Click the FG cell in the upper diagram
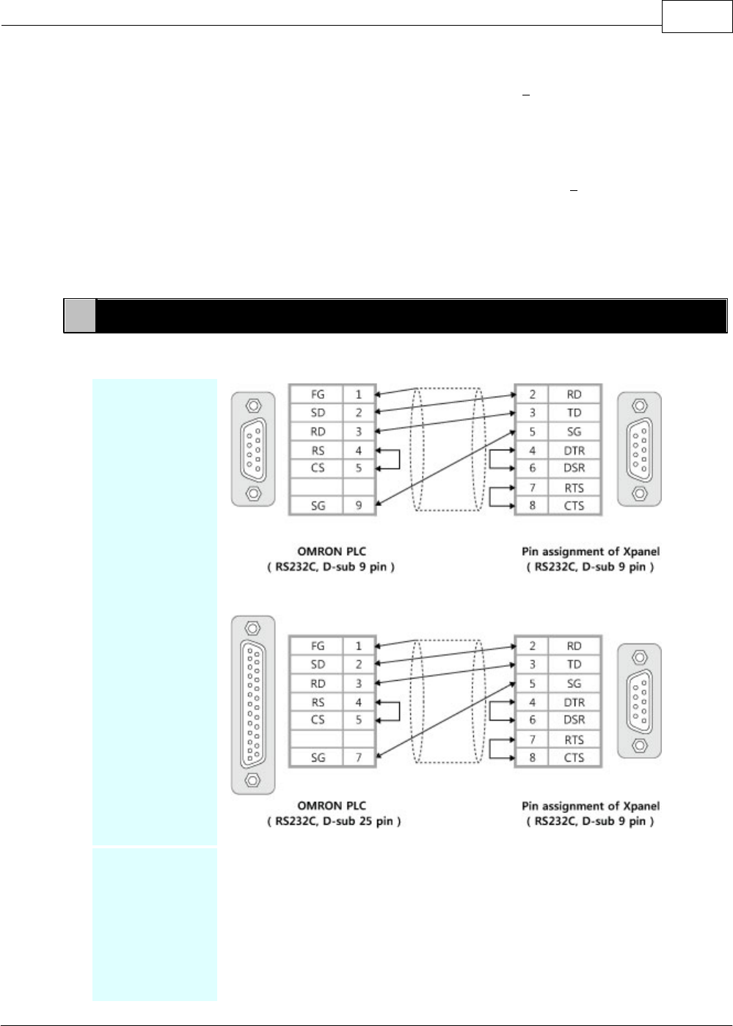click(x=317, y=394)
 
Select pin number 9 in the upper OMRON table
click(x=359, y=505)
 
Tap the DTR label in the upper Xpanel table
click(x=574, y=450)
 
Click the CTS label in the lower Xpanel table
click(x=574, y=757)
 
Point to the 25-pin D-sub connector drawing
click(x=253, y=705)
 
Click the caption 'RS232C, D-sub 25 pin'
click(x=333, y=821)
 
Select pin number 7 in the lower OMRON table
click(x=359, y=757)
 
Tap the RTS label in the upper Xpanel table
click(x=574, y=488)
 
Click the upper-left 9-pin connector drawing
click(x=253, y=449)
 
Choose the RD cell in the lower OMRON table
click(x=317, y=683)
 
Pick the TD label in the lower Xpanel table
click(x=574, y=664)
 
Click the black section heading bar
click(x=411, y=316)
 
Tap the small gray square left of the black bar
click(x=79, y=316)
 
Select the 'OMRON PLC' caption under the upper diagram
click(x=332, y=551)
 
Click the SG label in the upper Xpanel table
click(x=574, y=432)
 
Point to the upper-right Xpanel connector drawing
click(x=639, y=449)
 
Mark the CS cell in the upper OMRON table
click(x=317, y=468)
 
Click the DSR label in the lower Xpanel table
click(x=574, y=720)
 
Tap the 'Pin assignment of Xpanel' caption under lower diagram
click(x=590, y=806)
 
